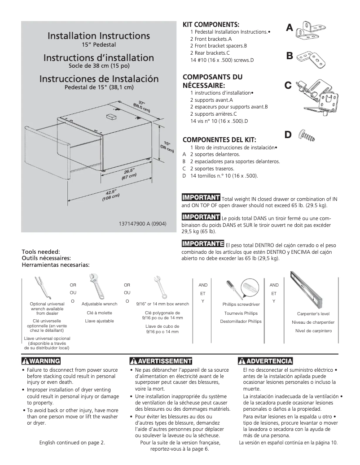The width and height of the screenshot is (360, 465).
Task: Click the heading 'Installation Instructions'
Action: (x=99, y=35)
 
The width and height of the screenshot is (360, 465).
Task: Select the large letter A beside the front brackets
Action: (x=290, y=28)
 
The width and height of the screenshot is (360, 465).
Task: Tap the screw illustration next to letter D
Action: (x=309, y=134)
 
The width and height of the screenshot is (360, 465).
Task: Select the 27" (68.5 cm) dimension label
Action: (x=142, y=107)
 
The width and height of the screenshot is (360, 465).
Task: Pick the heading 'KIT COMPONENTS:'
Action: (x=211, y=24)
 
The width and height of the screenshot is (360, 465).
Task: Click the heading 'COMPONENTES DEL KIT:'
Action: (x=215, y=139)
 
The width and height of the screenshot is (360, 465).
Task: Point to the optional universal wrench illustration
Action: (x=39, y=287)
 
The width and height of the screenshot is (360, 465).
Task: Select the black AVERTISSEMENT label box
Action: (x=160, y=361)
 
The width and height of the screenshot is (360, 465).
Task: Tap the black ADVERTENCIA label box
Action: (x=266, y=361)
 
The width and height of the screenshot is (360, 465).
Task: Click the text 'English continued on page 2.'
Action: (x=72, y=443)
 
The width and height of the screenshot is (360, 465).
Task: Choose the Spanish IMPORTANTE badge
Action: (x=202, y=244)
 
